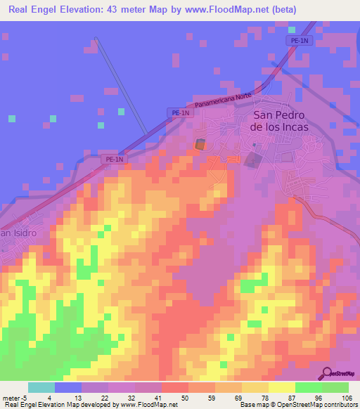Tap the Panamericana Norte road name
click(x=224, y=101)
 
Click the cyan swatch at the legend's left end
click(x=41, y=387)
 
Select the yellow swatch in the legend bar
click(x=282, y=387)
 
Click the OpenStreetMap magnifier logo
click(x=327, y=373)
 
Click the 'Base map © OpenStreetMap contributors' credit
click(x=296, y=405)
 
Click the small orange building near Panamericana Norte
click(x=200, y=144)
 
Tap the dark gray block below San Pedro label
click(x=252, y=161)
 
